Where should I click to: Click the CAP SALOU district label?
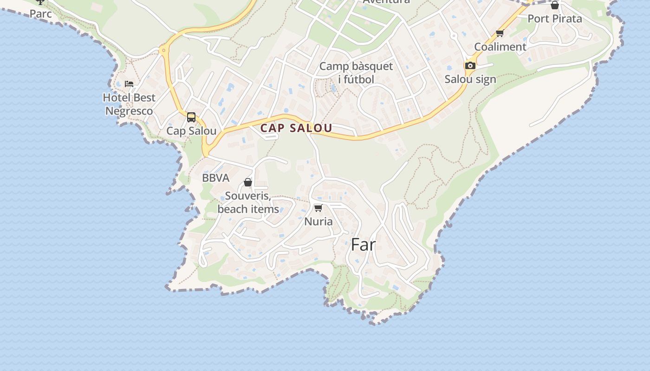pyautogui.click(x=296, y=128)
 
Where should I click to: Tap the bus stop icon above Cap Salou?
pyautogui.click(x=191, y=117)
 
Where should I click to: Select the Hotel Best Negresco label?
pyautogui.click(x=129, y=104)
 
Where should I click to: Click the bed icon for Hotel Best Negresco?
pyautogui.click(x=129, y=84)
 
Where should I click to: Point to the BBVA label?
pyautogui.click(x=215, y=178)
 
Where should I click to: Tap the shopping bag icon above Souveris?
pyautogui.click(x=248, y=182)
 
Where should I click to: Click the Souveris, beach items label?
pyautogui.click(x=248, y=203)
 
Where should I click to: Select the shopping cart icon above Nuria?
pyautogui.click(x=318, y=208)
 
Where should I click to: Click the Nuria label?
pyautogui.click(x=318, y=222)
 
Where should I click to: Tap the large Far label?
pyautogui.click(x=363, y=244)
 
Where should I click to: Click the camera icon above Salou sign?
pyautogui.click(x=470, y=65)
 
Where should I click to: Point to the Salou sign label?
pyautogui.click(x=470, y=79)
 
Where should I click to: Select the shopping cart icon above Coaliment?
pyautogui.click(x=500, y=33)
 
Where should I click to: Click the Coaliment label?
pyautogui.click(x=500, y=47)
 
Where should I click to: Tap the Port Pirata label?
pyautogui.click(x=555, y=19)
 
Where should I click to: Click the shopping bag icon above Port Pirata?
pyautogui.click(x=555, y=6)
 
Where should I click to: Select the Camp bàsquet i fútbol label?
pyautogui.click(x=356, y=73)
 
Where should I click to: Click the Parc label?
pyautogui.click(x=41, y=14)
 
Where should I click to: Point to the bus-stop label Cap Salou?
pyautogui.click(x=191, y=131)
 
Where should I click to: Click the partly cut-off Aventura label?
pyautogui.click(x=386, y=2)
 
